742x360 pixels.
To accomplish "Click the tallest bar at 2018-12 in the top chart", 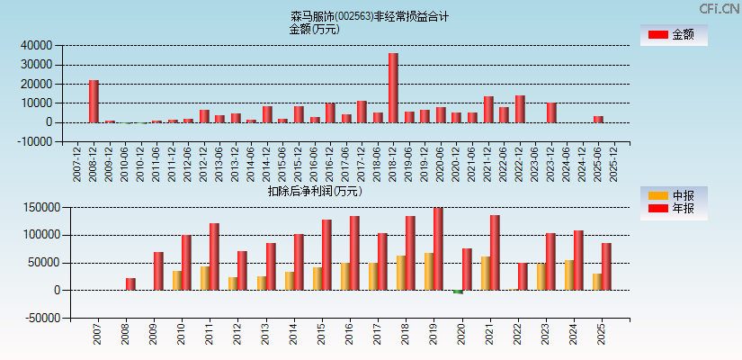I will [393, 88].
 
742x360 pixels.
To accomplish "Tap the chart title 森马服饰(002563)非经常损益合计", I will [370, 16].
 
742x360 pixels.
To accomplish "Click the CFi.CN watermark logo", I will [720, 8].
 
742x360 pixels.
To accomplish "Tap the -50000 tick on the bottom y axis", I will [39, 319].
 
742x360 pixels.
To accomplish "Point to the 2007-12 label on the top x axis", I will [77, 162].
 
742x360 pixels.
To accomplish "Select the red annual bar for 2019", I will [438, 249].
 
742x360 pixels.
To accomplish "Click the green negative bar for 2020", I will [458, 292].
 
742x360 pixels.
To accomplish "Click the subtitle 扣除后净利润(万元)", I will [314, 191].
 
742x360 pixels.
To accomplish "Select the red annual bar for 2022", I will [522, 276].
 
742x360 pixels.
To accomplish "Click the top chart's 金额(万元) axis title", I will [314, 29].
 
